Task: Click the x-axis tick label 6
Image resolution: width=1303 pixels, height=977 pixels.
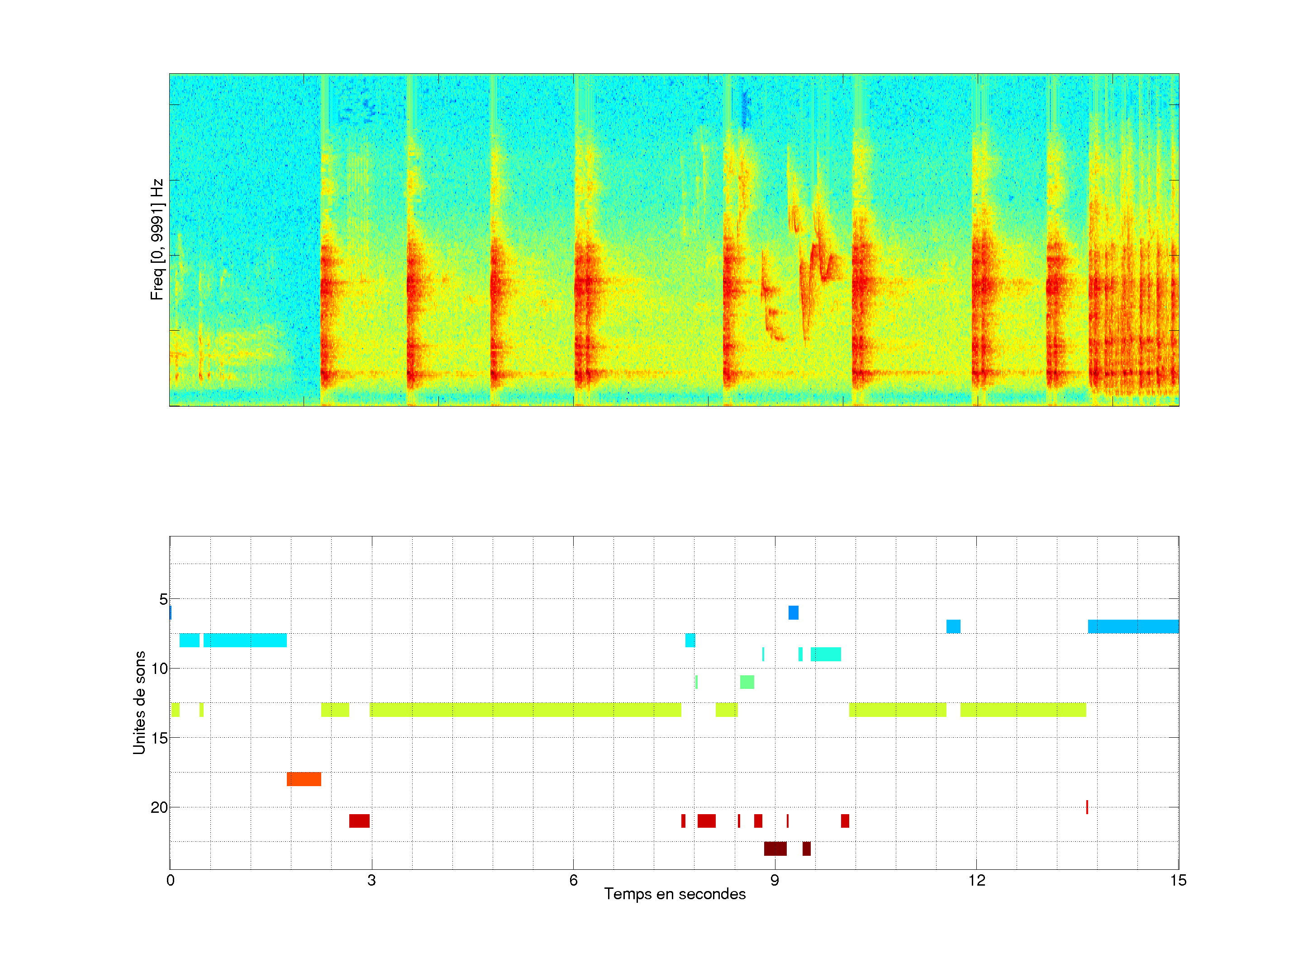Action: coord(573,880)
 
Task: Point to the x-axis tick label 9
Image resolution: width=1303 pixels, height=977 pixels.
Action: coord(775,880)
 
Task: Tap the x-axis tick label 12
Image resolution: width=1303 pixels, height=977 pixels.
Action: coord(977,880)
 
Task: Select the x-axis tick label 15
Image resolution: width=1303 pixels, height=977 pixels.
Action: coord(1178,880)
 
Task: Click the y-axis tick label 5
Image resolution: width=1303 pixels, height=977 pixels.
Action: coord(163,599)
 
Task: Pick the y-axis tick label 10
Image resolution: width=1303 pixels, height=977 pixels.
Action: coord(160,669)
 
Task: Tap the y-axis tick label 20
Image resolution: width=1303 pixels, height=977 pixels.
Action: coord(160,807)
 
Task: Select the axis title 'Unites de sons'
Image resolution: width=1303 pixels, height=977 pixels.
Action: coord(139,702)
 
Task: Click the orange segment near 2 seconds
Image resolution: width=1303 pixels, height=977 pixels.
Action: coord(304,779)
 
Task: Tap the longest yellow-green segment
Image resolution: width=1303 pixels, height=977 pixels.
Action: coord(525,710)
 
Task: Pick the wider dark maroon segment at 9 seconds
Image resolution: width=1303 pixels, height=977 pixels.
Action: coord(775,849)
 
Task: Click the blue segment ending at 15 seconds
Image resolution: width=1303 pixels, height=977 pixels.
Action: coord(1133,626)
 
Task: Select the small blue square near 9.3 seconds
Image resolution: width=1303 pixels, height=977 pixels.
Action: coord(794,612)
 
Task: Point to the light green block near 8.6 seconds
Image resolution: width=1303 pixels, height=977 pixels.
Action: coord(747,682)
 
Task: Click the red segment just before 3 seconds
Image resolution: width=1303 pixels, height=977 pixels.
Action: coord(359,821)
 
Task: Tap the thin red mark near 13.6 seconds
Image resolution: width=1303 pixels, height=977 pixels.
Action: coord(1087,807)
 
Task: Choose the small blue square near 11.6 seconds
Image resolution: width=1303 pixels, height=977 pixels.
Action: coord(953,626)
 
